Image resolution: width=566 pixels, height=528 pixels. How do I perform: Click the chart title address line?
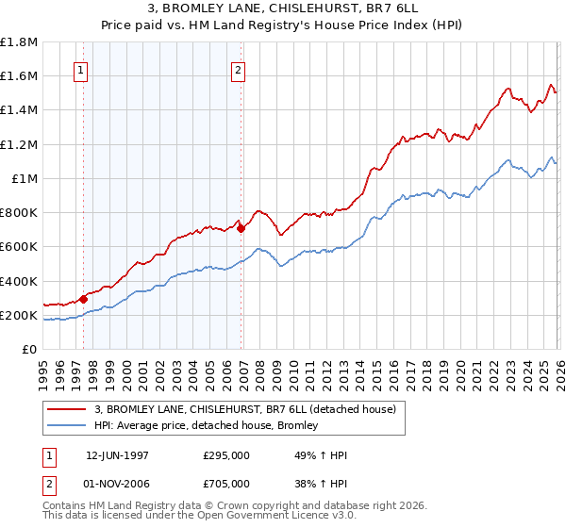tap(282, 8)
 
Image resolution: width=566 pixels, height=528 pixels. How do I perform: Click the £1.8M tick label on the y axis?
tap(19, 42)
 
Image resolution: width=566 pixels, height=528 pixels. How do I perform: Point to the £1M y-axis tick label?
tap(24, 179)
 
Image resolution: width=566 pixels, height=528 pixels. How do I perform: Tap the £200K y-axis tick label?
tap(19, 316)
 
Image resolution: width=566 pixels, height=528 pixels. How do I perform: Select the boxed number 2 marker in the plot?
tap(238, 70)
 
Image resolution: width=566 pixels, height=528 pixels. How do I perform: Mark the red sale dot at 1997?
tap(83, 299)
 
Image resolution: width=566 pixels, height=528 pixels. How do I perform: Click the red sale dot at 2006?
tap(241, 228)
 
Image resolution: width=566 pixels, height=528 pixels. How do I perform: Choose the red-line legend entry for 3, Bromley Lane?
tap(250, 408)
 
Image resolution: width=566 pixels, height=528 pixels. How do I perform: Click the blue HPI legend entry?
tap(206, 425)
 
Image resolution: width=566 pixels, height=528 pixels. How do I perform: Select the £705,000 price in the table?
tap(226, 484)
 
